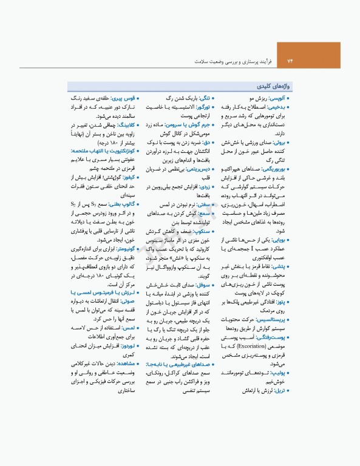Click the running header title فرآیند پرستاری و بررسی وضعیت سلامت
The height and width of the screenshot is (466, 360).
click(233, 62)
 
